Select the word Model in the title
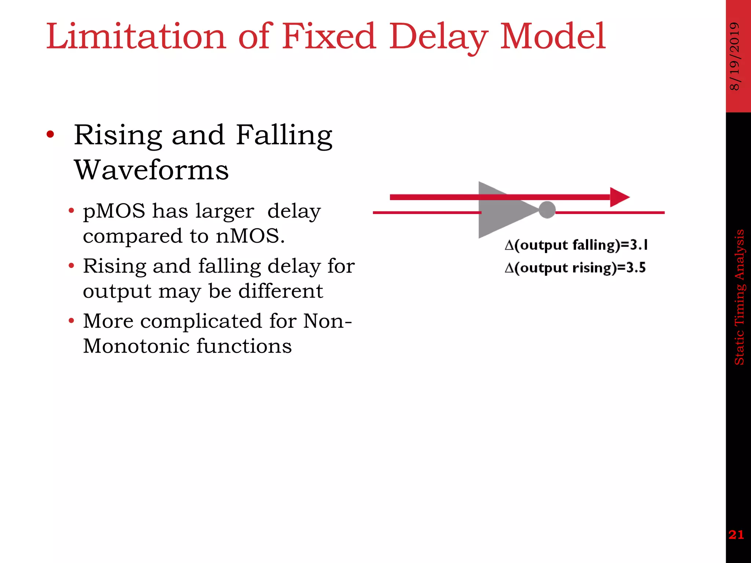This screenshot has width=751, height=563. tap(553, 37)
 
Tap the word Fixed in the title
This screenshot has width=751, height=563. tap(329, 37)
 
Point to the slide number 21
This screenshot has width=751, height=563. tap(736, 535)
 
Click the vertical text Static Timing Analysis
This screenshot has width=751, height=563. tap(739, 297)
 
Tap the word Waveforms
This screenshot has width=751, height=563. tap(151, 170)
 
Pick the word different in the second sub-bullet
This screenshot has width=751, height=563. tap(281, 291)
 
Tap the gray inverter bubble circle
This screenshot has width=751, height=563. tap(547, 210)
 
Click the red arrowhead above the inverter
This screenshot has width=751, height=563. tap(619, 197)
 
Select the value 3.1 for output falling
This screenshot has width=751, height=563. tap(639, 245)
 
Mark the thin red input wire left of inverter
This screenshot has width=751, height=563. tap(425, 213)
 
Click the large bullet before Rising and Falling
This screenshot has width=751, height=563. tap(50, 135)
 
